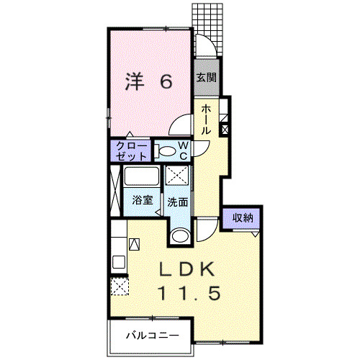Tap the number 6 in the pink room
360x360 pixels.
(166, 81)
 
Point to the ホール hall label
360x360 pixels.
(206, 119)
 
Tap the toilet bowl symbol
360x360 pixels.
(166, 151)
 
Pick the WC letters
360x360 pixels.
(183, 150)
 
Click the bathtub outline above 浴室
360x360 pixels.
(142, 177)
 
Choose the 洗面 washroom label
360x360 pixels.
(178, 202)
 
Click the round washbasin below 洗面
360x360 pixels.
(180, 234)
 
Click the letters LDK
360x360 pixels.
(186, 269)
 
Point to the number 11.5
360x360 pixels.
(186, 294)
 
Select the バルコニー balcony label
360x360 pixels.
(150, 336)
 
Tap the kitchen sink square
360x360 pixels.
(133, 244)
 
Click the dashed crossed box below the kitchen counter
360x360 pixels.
(119, 287)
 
